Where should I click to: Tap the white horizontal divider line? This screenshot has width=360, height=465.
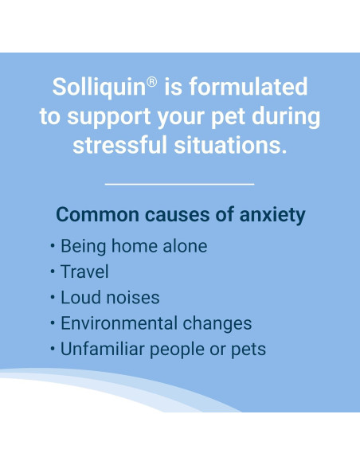[x=179, y=184]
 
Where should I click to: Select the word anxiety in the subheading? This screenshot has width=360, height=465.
[x=270, y=216]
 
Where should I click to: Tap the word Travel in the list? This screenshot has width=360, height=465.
[x=84, y=272]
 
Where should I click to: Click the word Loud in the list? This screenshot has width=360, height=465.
[x=78, y=297]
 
